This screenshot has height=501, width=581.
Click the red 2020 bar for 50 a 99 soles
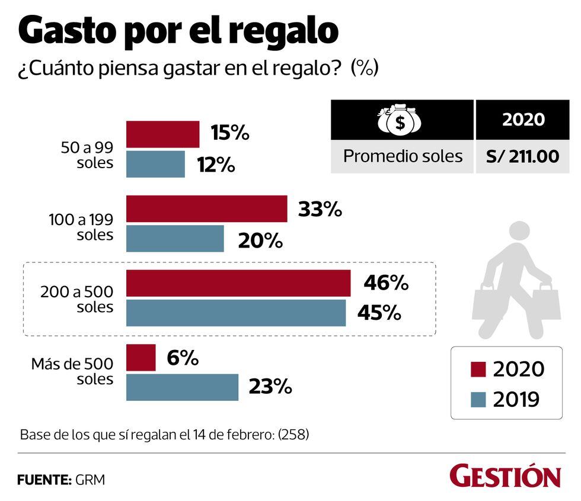162,134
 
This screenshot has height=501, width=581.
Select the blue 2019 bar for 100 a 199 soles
175,239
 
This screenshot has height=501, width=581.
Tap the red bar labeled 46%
238,283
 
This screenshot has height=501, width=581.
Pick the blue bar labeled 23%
182,387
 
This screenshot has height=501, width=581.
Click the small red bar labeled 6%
141,358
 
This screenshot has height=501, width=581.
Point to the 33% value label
320,209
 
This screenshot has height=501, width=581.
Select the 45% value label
379,313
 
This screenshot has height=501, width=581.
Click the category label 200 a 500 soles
76,298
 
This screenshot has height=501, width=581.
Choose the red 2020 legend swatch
478,369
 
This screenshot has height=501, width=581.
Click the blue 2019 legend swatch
478,400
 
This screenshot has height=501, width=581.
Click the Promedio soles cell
403,156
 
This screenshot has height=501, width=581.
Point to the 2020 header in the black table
523,119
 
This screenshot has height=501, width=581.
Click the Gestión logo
505,476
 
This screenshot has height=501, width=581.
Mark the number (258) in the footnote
293,435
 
